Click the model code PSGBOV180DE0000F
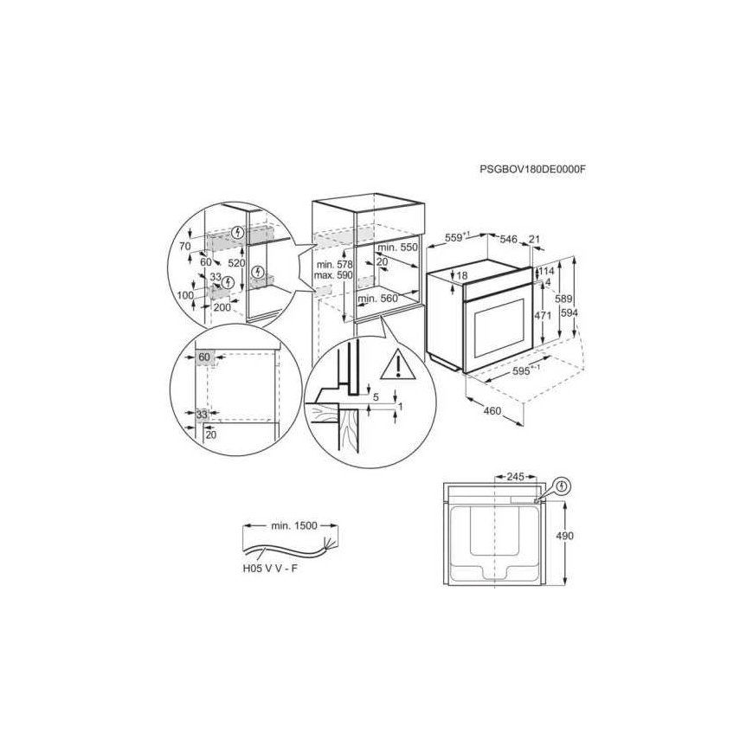(532, 169)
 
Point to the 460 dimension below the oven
(492, 410)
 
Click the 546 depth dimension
(509, 239)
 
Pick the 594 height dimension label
(569, 313)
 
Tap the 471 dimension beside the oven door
(543, 316)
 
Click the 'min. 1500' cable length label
(294, 525)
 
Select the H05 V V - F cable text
(269, 569)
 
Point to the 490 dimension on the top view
(564, 536)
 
